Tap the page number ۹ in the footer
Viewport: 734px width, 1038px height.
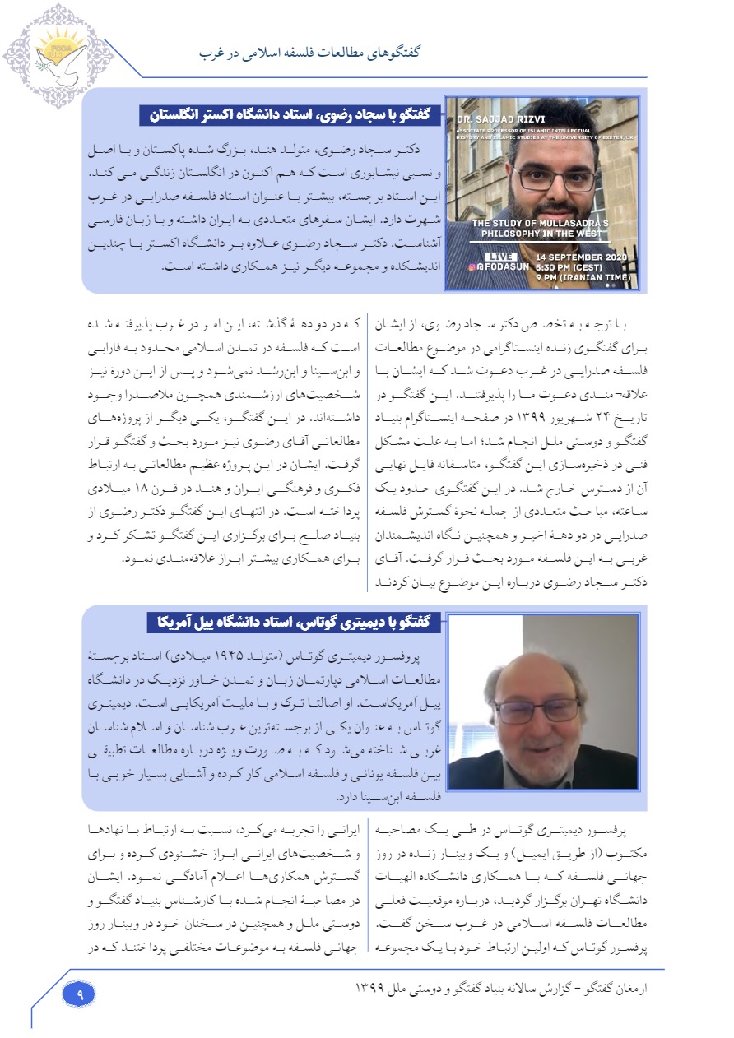click(x=80, y=993)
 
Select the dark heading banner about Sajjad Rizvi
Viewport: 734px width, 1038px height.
click(x=290, y=115)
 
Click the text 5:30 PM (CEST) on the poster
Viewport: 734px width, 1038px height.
click(x=571, y=266)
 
